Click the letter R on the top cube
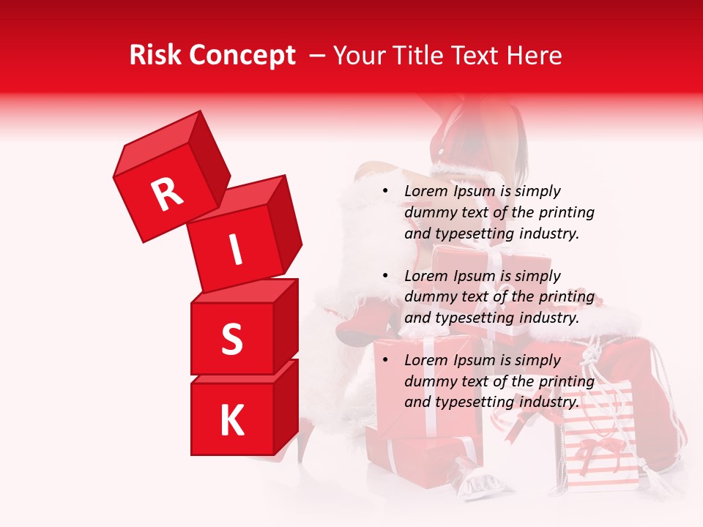click(167, 194)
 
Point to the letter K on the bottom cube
click(231, 421)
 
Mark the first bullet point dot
click(386, 192)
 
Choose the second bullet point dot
click(386, 277)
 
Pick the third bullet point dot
click(386, 361)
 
